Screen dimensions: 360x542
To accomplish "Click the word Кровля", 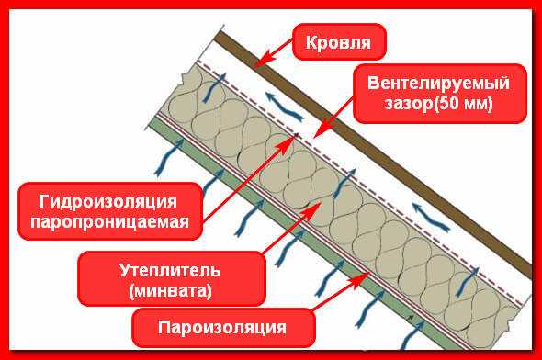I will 339,42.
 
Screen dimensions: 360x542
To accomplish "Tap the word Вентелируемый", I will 437,83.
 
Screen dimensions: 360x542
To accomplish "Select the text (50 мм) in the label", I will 465,104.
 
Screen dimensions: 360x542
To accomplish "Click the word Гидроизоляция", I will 108,200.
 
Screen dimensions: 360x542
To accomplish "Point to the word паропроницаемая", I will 108,222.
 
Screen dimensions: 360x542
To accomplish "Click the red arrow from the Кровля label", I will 276,54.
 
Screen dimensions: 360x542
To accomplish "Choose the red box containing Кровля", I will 339,42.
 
